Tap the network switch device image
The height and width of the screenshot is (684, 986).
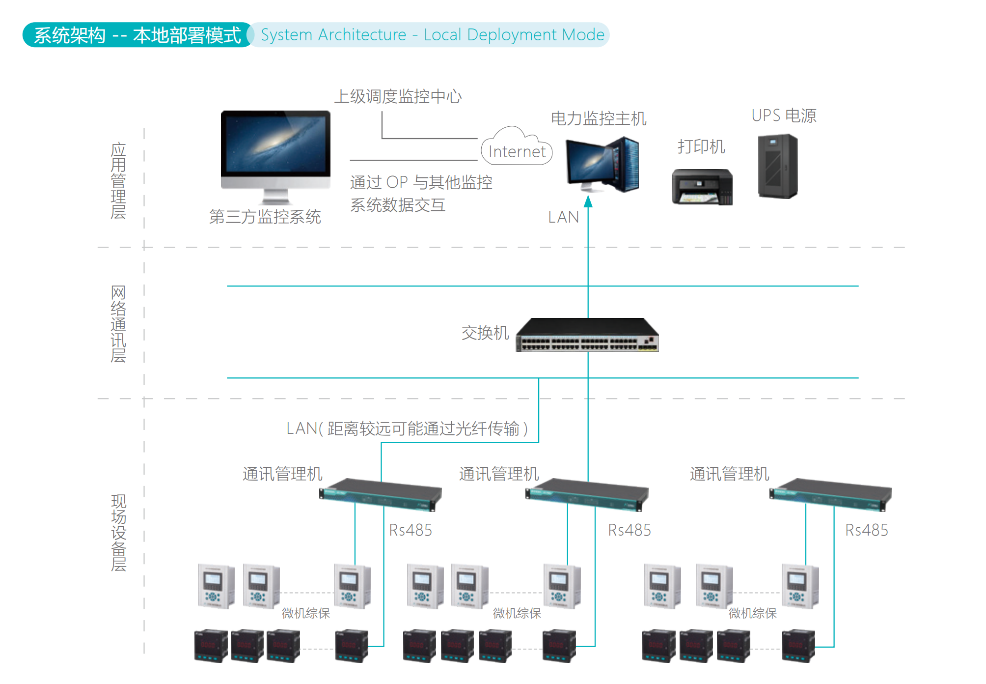(x=587, y=335)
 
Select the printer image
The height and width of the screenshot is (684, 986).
(x=702, y=187)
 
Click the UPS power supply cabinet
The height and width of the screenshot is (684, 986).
(x=778, y=167)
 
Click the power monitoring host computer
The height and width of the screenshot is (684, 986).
(x=602, y=165)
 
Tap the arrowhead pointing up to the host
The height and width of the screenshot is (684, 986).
(x=588, y=201)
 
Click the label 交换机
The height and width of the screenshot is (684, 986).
(x=485, y=333)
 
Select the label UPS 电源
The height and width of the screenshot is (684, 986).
(x=784, y=116)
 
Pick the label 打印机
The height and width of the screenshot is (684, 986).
(x=701, y=146)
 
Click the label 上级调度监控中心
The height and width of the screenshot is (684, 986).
(x=398, y=96)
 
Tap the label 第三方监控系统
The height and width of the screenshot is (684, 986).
(x=265, y=217)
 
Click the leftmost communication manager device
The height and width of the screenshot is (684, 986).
(x=380, y=494)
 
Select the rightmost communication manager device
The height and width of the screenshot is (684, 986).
(x=830, y=494)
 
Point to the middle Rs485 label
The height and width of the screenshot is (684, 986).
(x=630, y=530)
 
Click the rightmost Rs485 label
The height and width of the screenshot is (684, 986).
(x=867, y=530)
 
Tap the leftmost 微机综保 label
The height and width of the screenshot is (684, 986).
(x=306, y=613)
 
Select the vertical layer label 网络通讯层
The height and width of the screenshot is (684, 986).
(x=118, y=324)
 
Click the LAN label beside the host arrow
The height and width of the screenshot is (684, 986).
(x=564, y=217)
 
